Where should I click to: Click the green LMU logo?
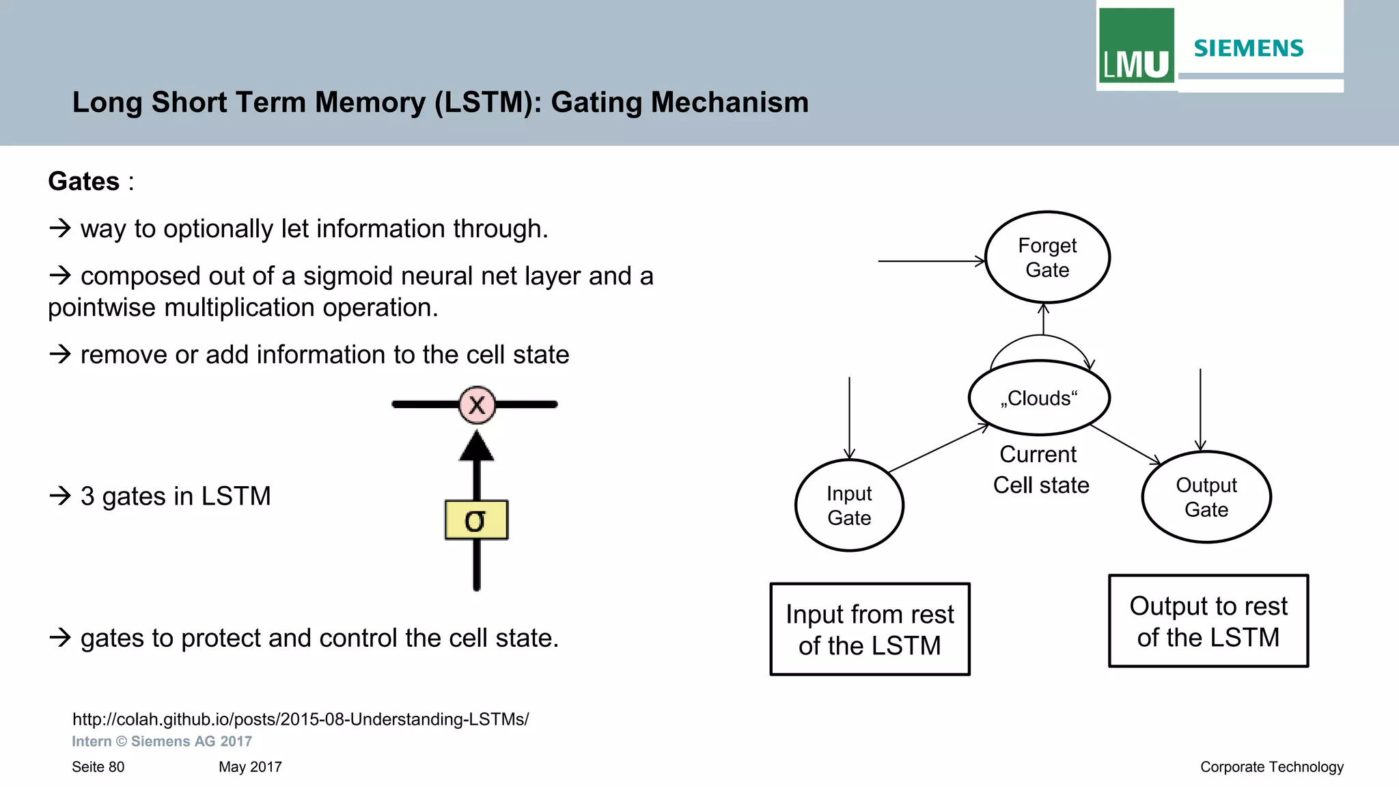coord(1136,46)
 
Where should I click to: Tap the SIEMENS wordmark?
coord(1248,49)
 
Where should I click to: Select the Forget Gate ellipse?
coord(1047,257)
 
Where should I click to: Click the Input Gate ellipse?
coord(849,505)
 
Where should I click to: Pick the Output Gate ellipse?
coord(1206,497)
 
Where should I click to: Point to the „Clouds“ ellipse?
coord(1039,398)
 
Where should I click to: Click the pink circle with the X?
coord(477,405)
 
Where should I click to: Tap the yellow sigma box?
coord(476,520)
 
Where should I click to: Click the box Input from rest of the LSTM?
coord(870,629)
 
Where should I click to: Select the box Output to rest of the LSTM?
coord(1208,621)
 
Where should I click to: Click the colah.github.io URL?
coord(301,719)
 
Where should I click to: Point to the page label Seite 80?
coord(98,767)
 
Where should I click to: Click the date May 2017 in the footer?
coord(250,767)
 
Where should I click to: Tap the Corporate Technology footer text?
coord(1271,767)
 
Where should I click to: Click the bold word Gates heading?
coord(84,182)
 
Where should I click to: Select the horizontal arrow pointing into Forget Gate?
coord(930,261)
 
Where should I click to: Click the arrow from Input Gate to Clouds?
coord(939,449)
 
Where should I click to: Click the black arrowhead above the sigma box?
coord(477,446)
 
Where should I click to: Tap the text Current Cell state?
coord(1040,470)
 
